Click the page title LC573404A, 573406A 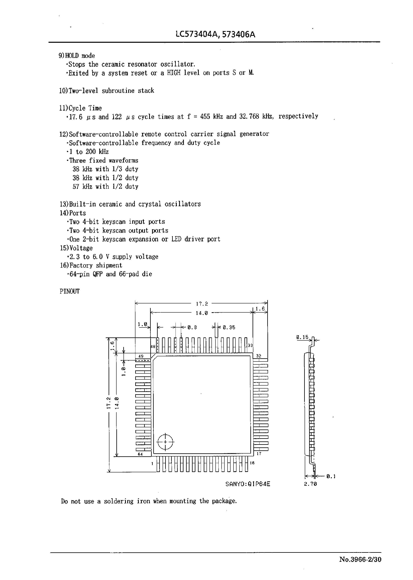[x=215, y=34]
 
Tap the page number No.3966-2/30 [x=360, y=566]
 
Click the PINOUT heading [x=69, y=291]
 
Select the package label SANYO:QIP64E [x=248, y=484]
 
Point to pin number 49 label [x=141, y=356]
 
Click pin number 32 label [x=259, y=356]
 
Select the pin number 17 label [x=259, y=454]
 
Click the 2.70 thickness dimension [x=310, y=484]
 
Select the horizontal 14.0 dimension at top [x=202, y=313]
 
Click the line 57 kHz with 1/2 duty [x=105, y=187]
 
